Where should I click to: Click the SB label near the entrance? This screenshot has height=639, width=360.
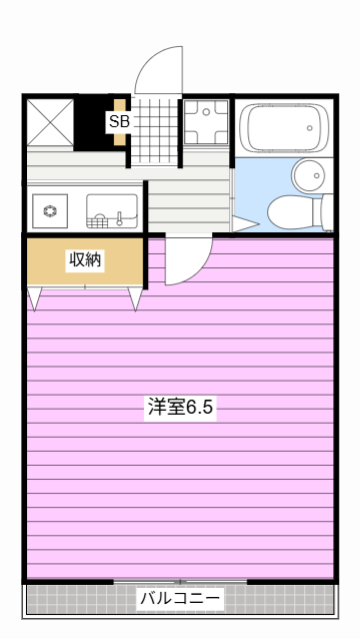click(x=119, y=122)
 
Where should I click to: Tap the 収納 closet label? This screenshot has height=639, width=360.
click(x=85, y=260)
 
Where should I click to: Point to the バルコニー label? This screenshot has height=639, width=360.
click(x=180, y=598)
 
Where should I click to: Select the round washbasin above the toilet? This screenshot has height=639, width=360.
click(x=308, y=174)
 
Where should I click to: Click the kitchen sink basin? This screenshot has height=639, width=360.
click(x=110, y=209)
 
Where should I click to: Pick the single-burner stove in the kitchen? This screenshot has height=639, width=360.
click(x=47, y=209)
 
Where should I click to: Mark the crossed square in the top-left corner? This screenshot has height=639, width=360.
click(x=50, y=122)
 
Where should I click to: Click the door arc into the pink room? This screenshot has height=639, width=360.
click(x=183, y=259)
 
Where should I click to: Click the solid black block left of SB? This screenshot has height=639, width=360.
click(x=94, y=122)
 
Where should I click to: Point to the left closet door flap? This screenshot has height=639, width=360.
click(x=35, y=297)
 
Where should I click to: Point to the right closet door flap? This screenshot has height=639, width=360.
click(x=136, y=297)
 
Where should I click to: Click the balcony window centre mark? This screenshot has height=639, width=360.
click(x=181, y=581)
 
